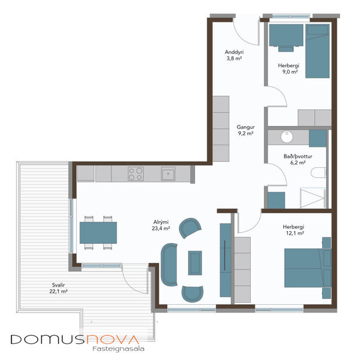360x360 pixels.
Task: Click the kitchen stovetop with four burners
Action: (136, 172)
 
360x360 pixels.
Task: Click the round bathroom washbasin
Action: (286, 138)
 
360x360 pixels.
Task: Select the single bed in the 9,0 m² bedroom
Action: (318, 51)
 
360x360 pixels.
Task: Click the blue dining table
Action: (98, 232)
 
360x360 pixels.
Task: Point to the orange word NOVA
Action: (113, 339)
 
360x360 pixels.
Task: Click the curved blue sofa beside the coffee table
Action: (169, 264)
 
